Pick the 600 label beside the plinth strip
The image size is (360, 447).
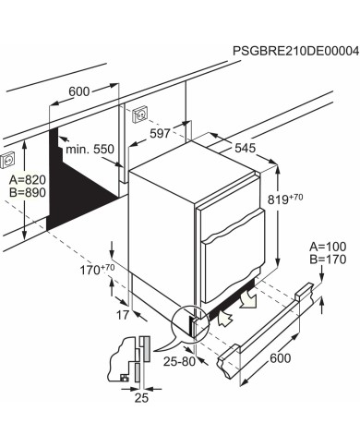[281, 358]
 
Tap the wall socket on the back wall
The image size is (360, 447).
[141, 115]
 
